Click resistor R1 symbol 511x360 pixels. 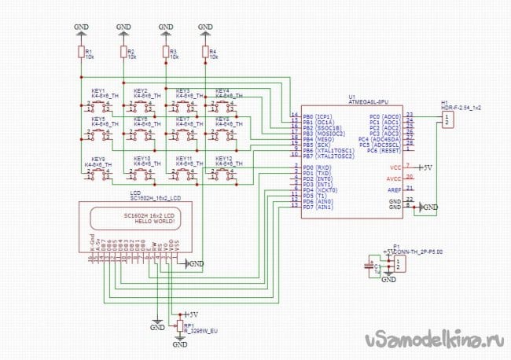pos(80,52)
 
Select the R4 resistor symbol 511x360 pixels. pos(205,52)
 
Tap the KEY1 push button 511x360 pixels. pos(100,107)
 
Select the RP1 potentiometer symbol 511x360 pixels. pos(178,325)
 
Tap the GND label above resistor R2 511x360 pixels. pos(123,27)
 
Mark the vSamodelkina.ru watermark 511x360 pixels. pos(433,339)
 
